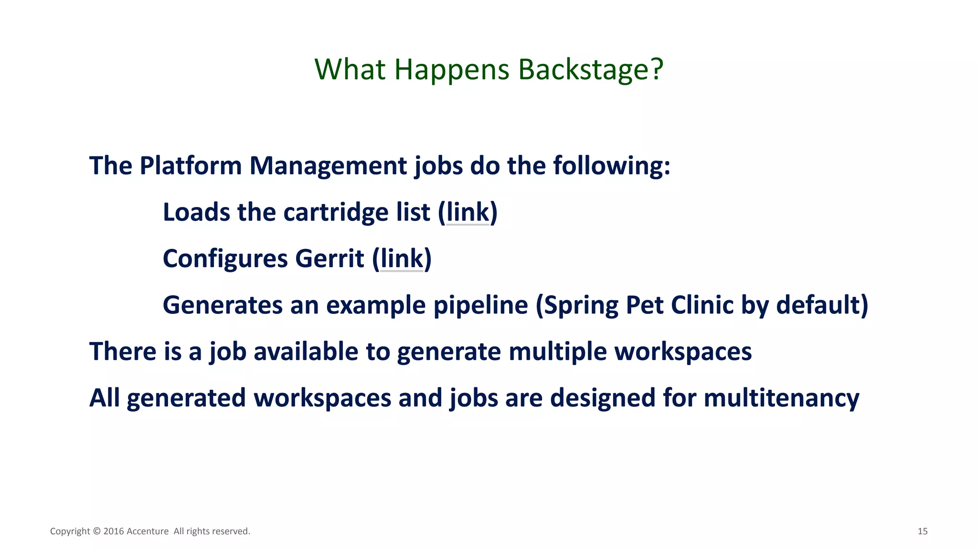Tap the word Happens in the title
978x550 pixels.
click(452, 70)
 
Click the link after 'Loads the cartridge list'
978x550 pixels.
click(468, 212)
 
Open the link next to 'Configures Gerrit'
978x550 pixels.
click(402, 259)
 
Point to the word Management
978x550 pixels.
click(328, 166)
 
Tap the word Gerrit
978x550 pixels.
click(330, 259)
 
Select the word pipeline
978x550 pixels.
click(480, 305)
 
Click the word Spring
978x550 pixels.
click(581, 305)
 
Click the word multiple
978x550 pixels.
click(558, 352)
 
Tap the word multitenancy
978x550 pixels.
click(781, 398)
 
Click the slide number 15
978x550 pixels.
click(922, 531)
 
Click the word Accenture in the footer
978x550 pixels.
click(148, 531)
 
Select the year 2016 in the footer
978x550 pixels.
click(114, 531)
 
